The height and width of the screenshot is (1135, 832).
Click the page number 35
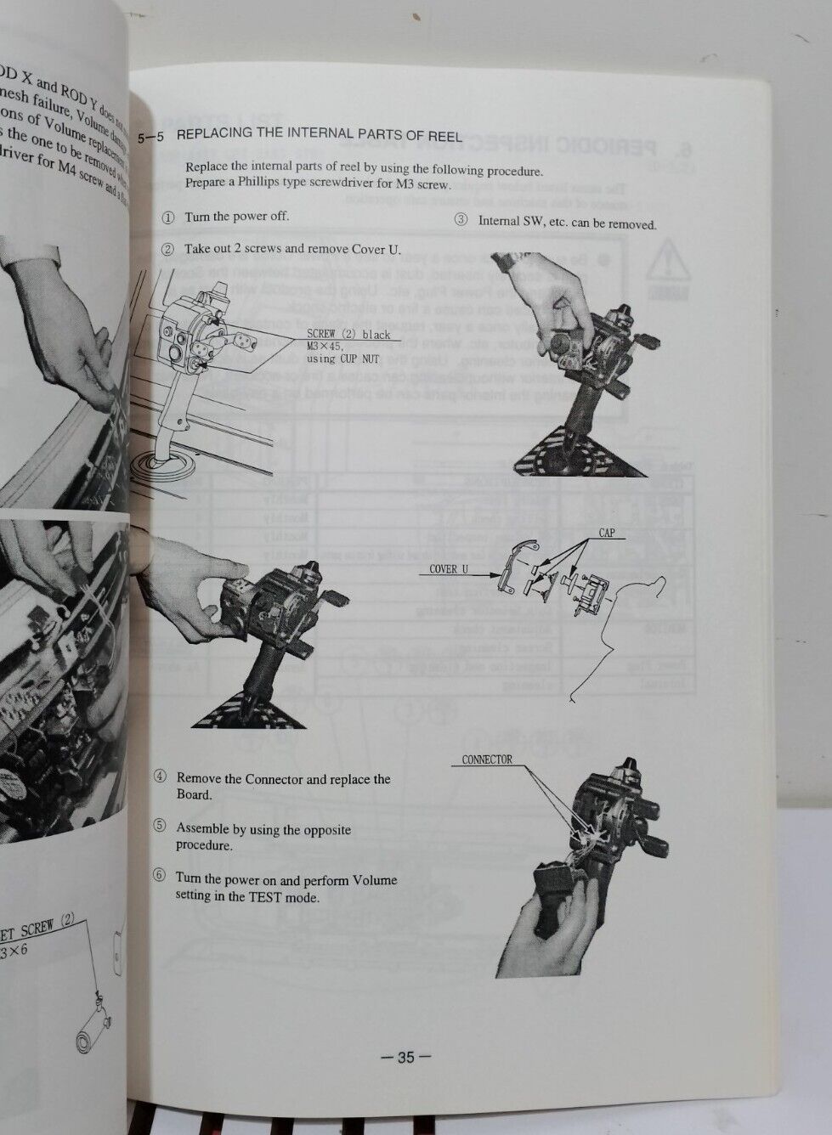click(x=405, y=1058)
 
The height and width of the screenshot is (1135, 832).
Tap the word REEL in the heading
click(x=445, y=135)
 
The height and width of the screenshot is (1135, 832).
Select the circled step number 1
click(x=167, y=217)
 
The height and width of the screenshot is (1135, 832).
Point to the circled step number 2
click(x=167, y=249)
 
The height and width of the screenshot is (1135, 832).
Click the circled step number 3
click(x=461, y=220)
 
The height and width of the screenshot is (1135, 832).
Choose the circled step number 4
click(x=160, y=777)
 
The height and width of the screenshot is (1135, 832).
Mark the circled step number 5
click(x=160, y=826)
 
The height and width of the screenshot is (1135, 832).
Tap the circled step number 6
click(x=160, y=877)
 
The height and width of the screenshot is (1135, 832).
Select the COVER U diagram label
click(x=449, y=569)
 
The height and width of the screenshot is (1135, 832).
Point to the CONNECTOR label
click(x=487, y=759)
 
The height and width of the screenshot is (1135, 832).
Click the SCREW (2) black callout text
click(x=348, y=334)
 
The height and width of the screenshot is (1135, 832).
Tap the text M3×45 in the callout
click(x=325, y=346)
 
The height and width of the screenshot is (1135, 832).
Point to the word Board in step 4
click(x=194, y=794)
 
